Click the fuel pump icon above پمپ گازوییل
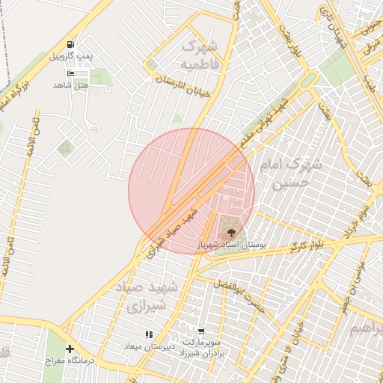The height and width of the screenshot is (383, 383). coord(70,45)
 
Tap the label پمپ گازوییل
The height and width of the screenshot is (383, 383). coord(70,57)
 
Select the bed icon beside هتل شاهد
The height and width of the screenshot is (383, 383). coord(71,74)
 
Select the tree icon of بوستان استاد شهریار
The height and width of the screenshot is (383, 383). coord(230,232)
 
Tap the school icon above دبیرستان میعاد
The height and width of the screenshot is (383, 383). coord(149,334)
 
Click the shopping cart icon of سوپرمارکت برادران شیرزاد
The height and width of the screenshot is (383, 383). coord(201,331)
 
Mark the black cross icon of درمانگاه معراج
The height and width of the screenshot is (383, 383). coord(70,349)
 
